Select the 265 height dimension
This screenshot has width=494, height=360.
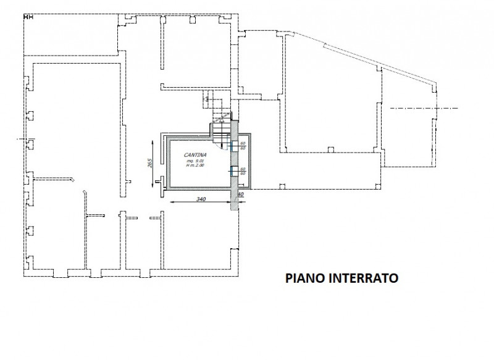coord(150,163)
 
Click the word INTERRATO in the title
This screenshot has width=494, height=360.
coord(364,278)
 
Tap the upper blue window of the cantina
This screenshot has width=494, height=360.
coord(232,146)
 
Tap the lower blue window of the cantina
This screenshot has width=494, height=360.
coord(232,172)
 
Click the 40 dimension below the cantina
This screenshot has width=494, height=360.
coord(241,195)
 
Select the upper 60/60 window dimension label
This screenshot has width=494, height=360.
coord(243,146)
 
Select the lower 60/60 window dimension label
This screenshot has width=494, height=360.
coord(243,171)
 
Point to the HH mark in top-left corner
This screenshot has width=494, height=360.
coord(28,17)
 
